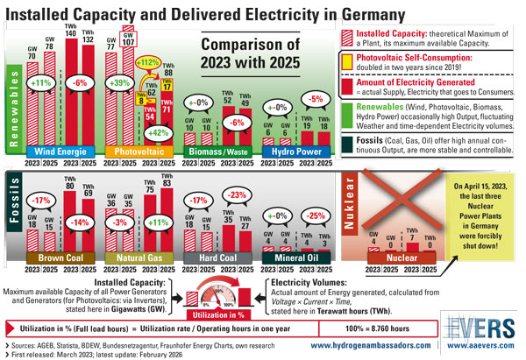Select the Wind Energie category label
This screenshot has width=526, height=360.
point(60,152)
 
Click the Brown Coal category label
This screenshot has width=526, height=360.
point(59,258)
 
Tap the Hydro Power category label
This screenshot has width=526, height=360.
point(294,152)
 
